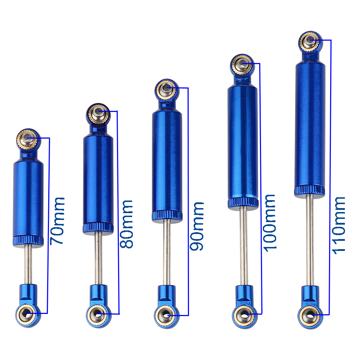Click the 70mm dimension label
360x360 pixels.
(x=57, y=221)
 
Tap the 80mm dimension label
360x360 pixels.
(x=126, y=224)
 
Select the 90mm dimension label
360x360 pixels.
(x=197, y=226)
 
